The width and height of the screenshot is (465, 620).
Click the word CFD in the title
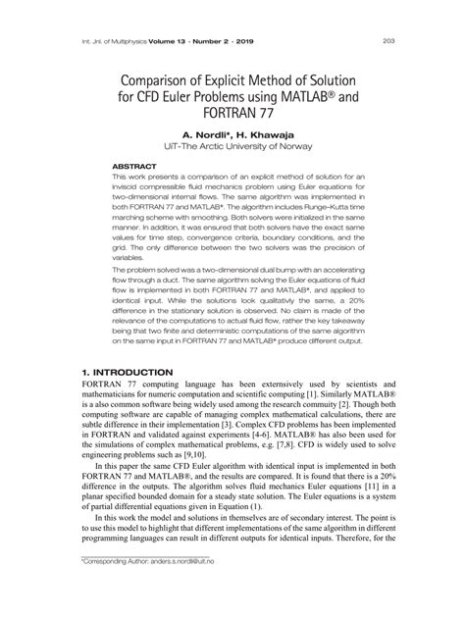[149, 97]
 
